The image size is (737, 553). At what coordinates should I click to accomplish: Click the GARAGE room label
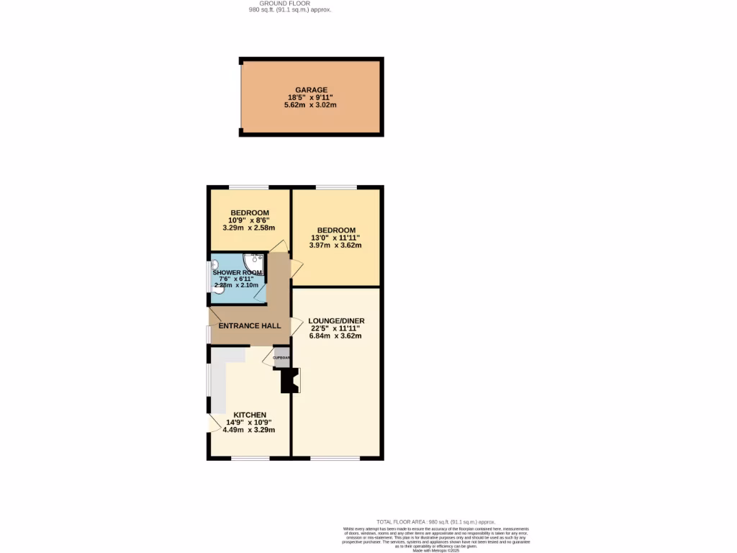coord(310,90)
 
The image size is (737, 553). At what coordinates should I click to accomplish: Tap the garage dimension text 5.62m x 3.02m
coord(310,105)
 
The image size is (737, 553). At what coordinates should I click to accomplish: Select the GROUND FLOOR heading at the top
coord(285,4)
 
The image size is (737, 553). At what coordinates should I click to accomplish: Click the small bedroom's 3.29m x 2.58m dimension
coord(249,228)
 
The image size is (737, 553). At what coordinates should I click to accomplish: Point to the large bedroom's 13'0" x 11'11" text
coord(336,238)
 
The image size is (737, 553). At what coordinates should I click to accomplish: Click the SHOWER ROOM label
coord(238,271)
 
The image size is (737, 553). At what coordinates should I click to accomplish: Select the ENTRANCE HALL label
coord(250,326)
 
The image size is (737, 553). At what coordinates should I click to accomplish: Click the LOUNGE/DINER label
coord(336,320)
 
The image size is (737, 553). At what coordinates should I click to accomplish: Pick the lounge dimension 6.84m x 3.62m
coord(336,336)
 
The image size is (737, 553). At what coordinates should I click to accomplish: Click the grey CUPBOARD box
coord(282,357)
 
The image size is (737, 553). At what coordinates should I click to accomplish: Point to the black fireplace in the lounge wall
coord(289,380)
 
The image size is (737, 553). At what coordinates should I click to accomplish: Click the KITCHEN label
coord(249,415)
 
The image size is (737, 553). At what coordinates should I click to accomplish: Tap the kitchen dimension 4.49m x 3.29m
coord(249,430)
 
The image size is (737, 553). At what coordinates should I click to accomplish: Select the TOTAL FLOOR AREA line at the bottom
coord(436,521)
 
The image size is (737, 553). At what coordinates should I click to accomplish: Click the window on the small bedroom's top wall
coord(249,188)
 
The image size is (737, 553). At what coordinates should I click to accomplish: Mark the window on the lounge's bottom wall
coord(335,458)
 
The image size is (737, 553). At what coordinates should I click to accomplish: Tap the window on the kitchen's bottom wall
coord(250,458)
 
